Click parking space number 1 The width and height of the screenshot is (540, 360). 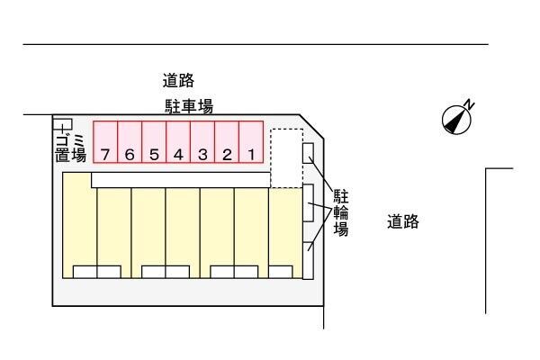251,142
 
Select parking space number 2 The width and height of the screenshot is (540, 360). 227,142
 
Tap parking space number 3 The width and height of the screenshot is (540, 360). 202,142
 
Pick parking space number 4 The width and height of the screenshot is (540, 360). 178,142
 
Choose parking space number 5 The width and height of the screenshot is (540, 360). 154,142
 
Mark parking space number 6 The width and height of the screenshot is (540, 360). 130,142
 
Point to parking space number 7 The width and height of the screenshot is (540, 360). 105,142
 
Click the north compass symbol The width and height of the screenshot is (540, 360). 456,121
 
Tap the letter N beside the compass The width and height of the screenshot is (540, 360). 469,104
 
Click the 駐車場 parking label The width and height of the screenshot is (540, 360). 189,106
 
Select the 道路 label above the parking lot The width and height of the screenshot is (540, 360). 178,81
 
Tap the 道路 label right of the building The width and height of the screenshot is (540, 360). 403,221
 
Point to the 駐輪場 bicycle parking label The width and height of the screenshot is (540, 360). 341,213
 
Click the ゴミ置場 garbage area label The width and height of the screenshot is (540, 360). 70,148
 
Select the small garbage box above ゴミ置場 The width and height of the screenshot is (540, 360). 63,124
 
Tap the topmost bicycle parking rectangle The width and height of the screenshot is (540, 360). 308,153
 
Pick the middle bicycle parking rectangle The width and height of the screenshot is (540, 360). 308,202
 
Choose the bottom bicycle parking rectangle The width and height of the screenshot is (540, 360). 308,261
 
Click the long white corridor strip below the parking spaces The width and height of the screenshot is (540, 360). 181,180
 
